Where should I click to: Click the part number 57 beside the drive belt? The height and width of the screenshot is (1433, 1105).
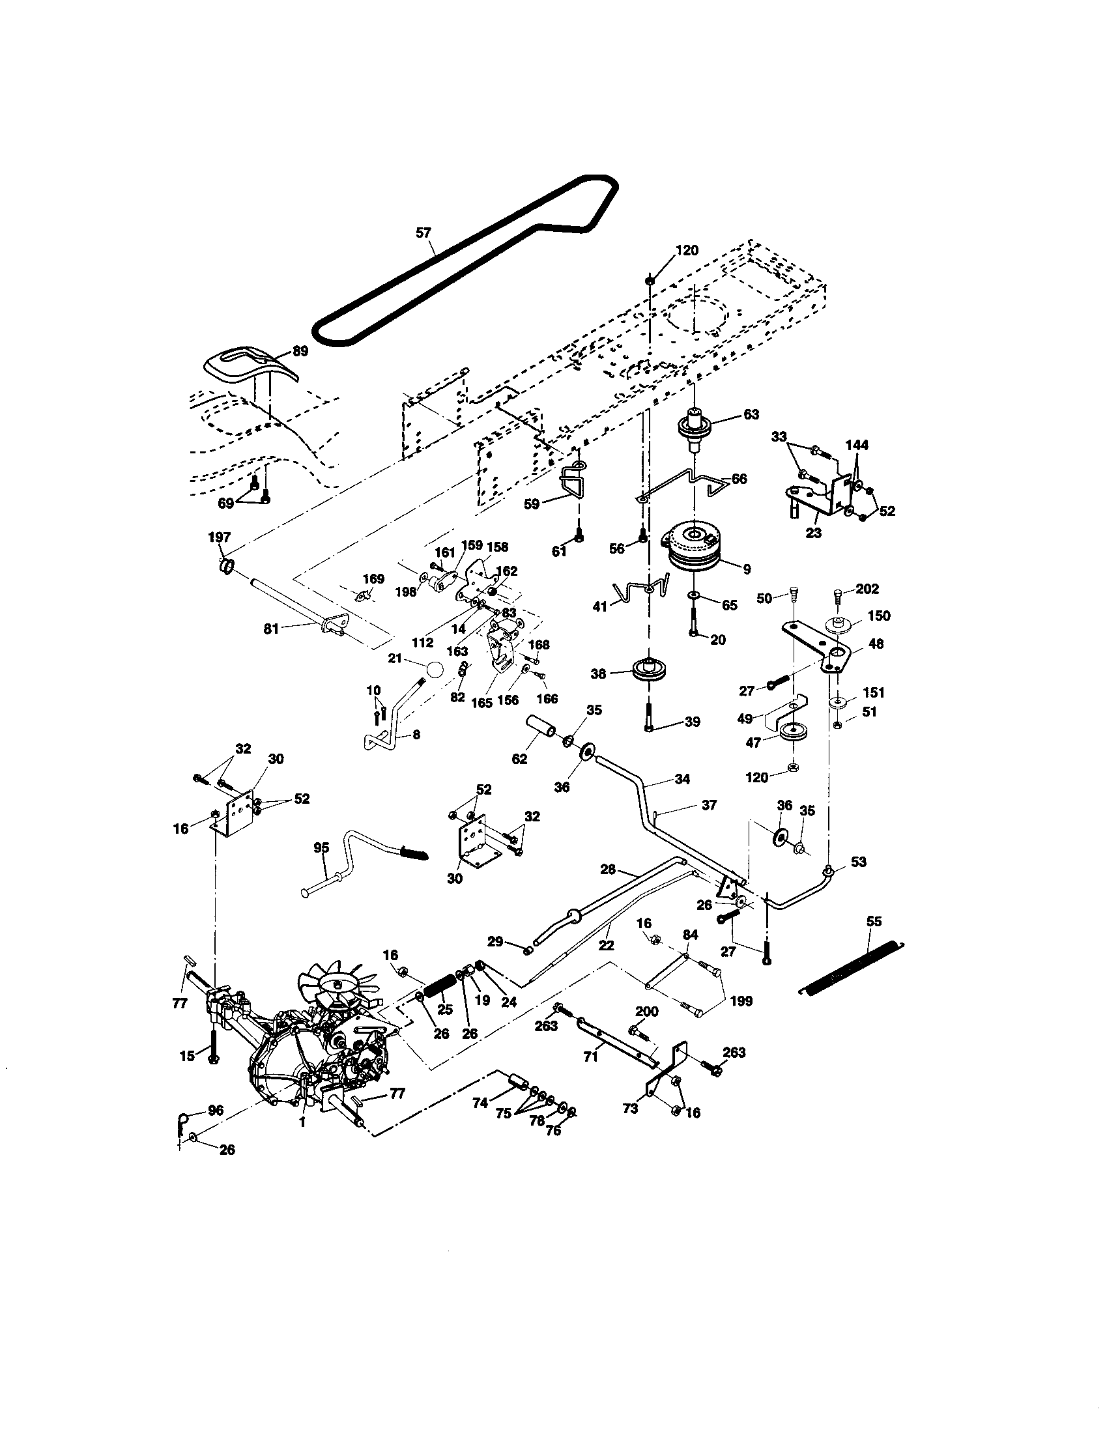click(x=424, y=233)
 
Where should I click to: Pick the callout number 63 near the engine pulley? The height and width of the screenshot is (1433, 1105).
click(x=751, y=414)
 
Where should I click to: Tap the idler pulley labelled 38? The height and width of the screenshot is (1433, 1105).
click(x=647, y=671)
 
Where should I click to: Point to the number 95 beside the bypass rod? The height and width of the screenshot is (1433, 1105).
click(x=321, y=847)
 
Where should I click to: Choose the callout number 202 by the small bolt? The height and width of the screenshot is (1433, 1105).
click(x=867, y=589)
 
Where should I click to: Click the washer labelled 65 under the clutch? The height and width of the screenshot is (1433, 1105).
click(x=694, y=595)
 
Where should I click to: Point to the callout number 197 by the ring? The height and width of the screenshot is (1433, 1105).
click(x=220, y=537)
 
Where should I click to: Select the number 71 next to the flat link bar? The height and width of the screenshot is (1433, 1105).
click(x=590, y=1057)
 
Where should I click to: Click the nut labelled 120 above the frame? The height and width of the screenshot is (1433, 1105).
click(x=650, y=280)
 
